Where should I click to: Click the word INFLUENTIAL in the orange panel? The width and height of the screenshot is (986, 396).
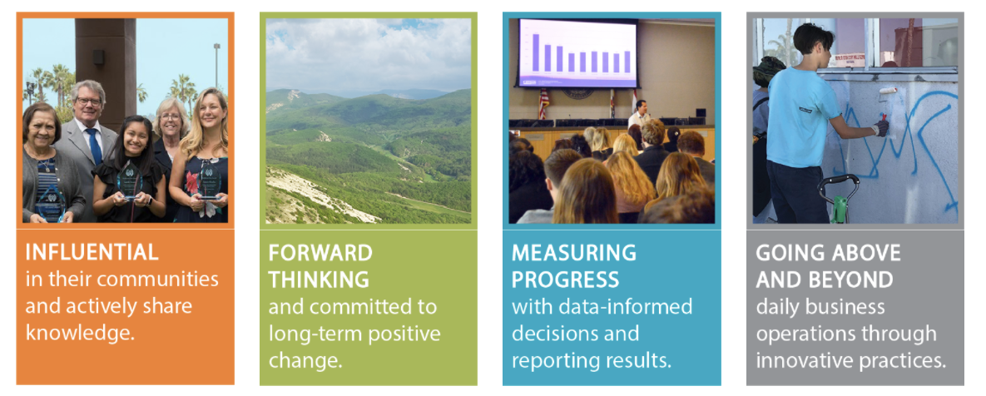[92, 252]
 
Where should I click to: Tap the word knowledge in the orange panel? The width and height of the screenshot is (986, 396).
[80, 332]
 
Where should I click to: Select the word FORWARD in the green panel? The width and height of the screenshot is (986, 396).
[320, 253]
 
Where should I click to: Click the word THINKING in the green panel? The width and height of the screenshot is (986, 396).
[318, 279]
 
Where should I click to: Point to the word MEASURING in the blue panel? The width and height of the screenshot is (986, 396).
[573, 253]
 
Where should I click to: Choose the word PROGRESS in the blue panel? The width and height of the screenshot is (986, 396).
[565, 279]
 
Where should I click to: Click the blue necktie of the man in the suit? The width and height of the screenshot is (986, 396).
[94, 146]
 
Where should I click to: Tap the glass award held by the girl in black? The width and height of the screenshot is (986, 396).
[129, 180]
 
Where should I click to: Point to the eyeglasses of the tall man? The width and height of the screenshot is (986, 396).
[89, 101]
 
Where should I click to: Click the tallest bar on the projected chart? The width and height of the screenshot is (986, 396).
[536, 52]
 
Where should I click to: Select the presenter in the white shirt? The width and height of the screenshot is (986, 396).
[640, 113]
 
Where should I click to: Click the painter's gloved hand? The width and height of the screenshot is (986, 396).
[881, 127]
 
